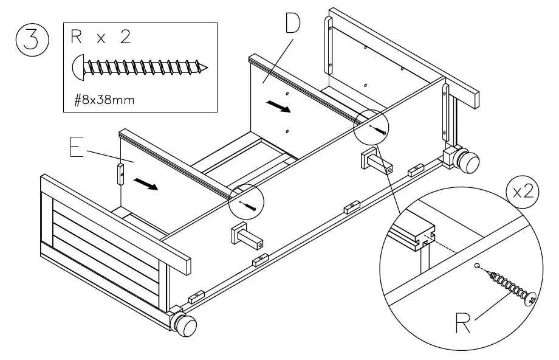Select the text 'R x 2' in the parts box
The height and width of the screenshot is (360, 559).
[x=101, y=38]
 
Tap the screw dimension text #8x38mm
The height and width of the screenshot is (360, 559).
[x=105, y=100]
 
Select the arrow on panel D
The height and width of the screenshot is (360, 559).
[x=278, y=107]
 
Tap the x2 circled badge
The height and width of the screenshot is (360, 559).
[x=521, y=191]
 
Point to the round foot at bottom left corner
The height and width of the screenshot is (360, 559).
[x=185, y=325]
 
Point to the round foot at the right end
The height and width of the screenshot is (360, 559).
[x=467, y=162]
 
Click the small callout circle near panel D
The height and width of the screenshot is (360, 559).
[x=372, y=128]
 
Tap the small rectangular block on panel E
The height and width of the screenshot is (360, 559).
[x=121, y=174]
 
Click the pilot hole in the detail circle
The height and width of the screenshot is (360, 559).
[x=478, y=266]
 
